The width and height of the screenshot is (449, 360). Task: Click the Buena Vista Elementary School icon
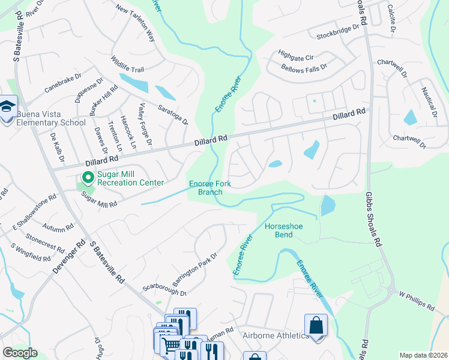[x=7, y=108]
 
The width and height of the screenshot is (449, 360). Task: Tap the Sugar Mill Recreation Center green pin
[x=87, y=178]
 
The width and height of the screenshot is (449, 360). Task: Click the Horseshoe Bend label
[x=279, y=230]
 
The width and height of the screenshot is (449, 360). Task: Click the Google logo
[x=20, y=353]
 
